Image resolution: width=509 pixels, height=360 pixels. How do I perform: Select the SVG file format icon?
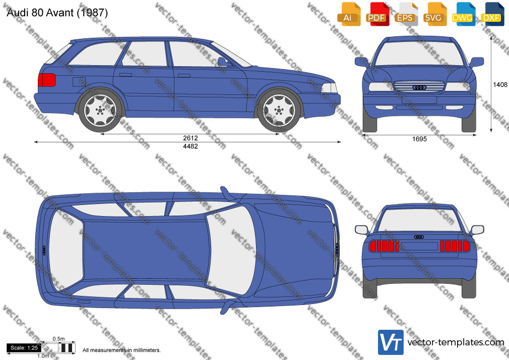[433, 14]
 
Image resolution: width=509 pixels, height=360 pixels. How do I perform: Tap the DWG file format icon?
[462, 14]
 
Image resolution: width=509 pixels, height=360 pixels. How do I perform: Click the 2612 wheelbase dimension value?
[190, 138]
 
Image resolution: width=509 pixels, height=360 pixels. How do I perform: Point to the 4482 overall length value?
[190, 147]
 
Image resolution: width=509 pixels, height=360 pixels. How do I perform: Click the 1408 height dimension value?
[500, 85]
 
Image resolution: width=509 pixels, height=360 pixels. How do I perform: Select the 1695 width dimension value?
[419, 139]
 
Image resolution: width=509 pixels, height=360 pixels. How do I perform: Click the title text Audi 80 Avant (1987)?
[57, 13]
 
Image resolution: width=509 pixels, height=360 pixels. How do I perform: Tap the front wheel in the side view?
[279, 110]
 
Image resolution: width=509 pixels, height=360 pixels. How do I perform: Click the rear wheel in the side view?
[100, 110]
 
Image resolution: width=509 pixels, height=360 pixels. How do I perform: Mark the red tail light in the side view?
[47, 80]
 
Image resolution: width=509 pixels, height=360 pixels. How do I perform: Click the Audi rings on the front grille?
[419, 87]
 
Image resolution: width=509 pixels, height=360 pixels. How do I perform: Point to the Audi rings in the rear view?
[419, 237]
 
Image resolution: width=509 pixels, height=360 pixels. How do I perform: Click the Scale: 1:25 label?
[24, 348]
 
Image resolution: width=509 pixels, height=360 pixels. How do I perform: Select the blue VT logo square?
[391, 342]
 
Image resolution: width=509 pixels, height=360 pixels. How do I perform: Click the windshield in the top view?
[231, 250]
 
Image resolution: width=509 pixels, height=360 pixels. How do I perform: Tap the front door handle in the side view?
[184, 76]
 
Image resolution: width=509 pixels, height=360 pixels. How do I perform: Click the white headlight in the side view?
[329, 88]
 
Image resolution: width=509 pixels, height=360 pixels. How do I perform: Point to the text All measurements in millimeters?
[121, 350]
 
